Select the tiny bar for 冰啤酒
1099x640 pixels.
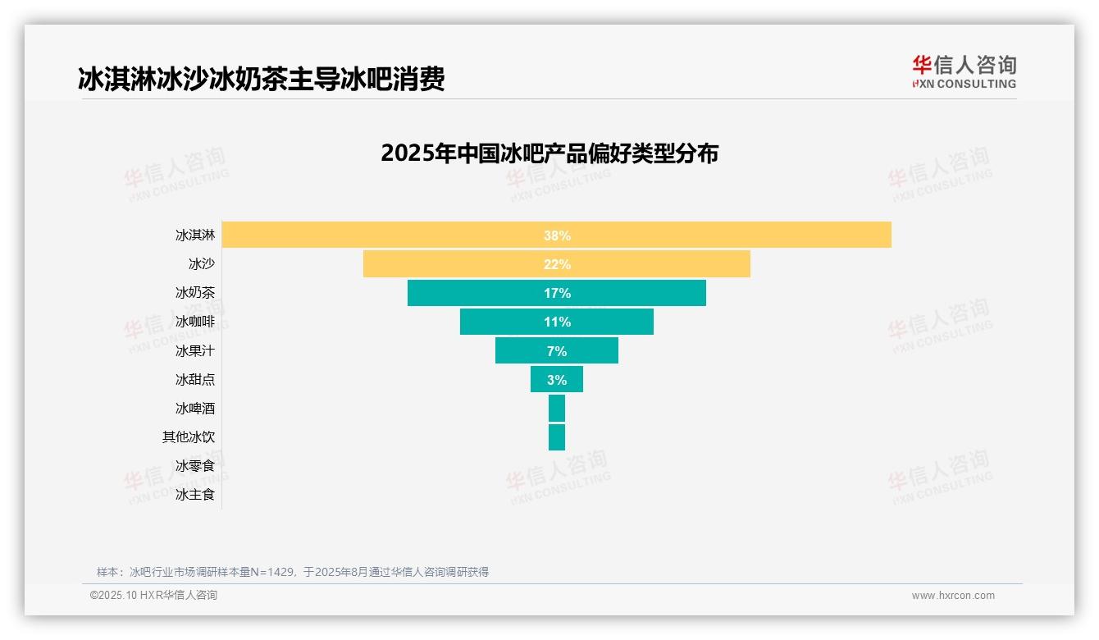(x=557, y=408)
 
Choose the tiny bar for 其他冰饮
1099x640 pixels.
(x=557, y=437)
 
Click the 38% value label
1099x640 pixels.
(x=557, y=235)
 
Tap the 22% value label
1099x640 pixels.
(x=557, y=264)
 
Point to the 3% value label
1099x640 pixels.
(x=558, y=380)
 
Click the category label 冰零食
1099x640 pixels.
(x=195, y=466)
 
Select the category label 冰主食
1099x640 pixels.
(x=195, y=495)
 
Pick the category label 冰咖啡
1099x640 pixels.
(x=195, y=322)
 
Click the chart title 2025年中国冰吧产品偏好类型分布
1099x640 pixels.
(x=549, y=153)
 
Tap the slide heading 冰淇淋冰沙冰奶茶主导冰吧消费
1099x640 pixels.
(x=261, y=80)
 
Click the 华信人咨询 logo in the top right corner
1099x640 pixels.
(x=964, y=71)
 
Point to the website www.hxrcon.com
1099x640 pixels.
(x=953, y=596)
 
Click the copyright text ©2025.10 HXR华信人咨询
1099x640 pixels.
(x=153, y=596)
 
